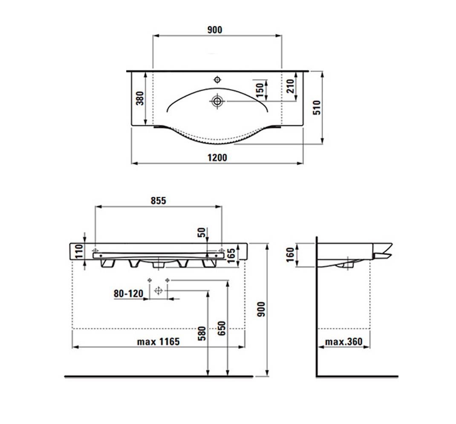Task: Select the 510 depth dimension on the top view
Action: [317, 108]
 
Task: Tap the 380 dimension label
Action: [140, 98]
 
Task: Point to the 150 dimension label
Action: [260, 90]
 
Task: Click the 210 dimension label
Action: [290, 86]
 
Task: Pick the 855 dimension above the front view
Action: [159, 201]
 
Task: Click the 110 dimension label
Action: [79, 252]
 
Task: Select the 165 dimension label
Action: [231, 256]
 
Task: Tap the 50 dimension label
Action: [202, 232]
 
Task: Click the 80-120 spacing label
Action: [129, 294]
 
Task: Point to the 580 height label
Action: [202, 334]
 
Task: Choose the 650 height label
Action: [222, 328]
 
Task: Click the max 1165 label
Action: [159, 341]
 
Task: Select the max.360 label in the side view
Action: [344, 341]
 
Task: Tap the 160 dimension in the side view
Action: [290, 255]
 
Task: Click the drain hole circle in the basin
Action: [217, 101]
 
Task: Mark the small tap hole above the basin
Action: [217, 79]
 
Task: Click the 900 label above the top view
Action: [215, 30]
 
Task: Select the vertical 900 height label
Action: [261, 309]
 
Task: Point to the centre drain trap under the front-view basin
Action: [159, 263]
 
